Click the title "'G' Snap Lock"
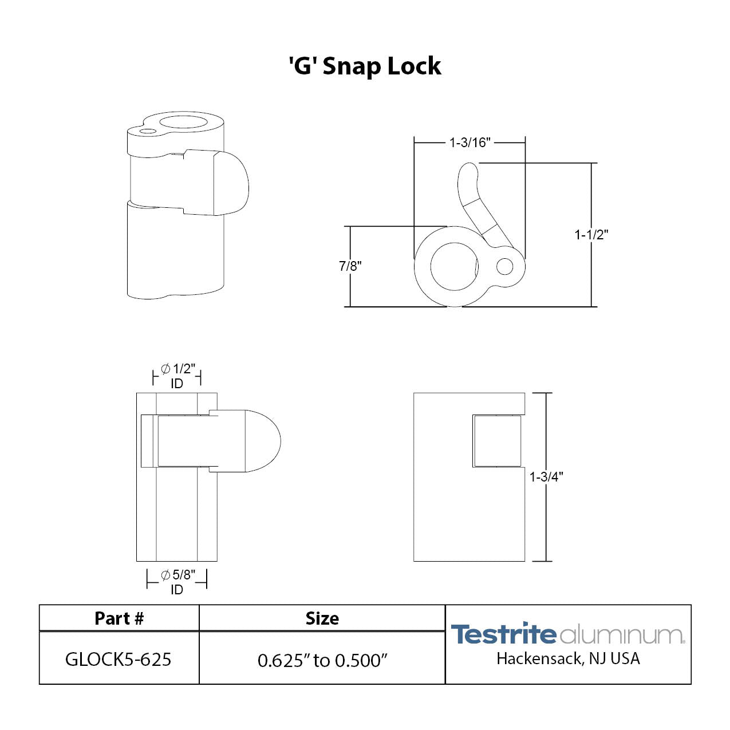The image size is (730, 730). point(365,66)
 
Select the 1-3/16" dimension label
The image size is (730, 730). point(469,143)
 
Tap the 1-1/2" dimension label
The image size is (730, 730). point(591,235)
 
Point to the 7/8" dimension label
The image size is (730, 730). point(350,266)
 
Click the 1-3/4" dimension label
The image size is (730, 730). point(546,477)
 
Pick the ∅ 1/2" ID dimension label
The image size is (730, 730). point(177,376)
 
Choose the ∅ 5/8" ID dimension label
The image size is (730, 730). point(177,582)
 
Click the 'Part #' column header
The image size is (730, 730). point(119,618)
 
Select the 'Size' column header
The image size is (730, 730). point(322,618)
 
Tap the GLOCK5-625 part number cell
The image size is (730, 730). point(119,659)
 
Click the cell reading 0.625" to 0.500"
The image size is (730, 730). point(322,660)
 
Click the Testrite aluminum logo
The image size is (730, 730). point(567,634)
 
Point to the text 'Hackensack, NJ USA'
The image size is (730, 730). point(567,659)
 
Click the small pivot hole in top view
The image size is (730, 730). point(504,266)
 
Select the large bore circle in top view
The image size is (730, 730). point(453,267)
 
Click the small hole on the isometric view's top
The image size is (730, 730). point(147,131)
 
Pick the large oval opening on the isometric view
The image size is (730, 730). point(184,122)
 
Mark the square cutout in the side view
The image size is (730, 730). point(497,441)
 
